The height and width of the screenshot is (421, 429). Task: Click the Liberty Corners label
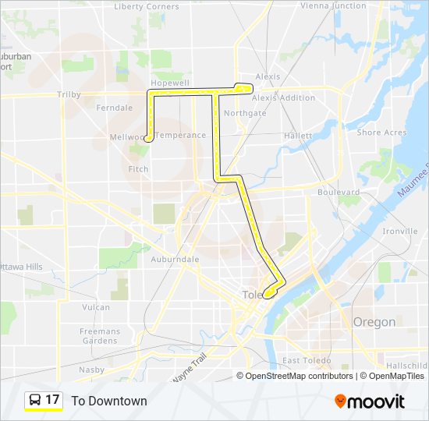pos(146,7)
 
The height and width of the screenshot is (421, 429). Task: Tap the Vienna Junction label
pos(332,5)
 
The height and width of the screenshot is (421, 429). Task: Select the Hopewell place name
pos(170,82)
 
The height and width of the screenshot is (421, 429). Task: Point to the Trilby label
pos(69,94)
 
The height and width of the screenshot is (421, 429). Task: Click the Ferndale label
pos(115,108)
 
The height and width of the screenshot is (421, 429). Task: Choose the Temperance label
pos(180,135)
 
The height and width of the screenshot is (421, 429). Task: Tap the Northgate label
pos(245,113)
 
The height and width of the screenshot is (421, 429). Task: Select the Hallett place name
pos(298,136)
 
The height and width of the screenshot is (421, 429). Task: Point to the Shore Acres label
pos(381,133)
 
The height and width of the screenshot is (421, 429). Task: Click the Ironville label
pos(401,232)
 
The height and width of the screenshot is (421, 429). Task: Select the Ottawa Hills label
pos(23,267)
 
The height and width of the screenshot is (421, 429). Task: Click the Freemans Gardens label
pos(99,336)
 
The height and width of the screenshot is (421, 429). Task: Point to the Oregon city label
pos(374,322)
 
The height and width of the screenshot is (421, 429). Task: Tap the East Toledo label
pos(306,360)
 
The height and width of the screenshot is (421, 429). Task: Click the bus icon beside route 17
pos(35,401)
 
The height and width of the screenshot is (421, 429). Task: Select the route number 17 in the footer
pos(52,401)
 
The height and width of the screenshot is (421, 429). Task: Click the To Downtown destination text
pos(109,402)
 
